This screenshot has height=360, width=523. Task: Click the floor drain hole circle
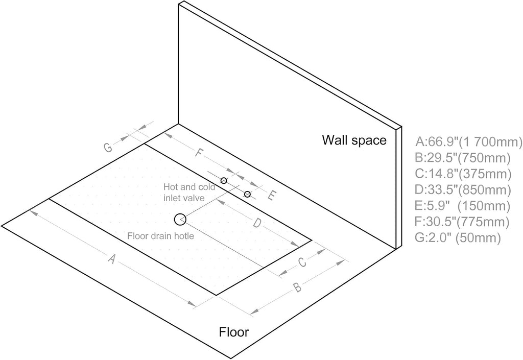175,220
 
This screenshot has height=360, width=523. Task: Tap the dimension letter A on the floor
112,259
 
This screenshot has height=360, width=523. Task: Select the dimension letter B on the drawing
298,287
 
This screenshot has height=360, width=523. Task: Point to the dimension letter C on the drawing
302,262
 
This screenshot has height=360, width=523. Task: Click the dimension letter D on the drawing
256,223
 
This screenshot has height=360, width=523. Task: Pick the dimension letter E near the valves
272,196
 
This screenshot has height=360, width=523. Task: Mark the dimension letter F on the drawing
199,153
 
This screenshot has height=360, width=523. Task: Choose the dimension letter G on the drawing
108,147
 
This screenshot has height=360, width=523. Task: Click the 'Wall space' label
354,140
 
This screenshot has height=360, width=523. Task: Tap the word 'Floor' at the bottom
234,332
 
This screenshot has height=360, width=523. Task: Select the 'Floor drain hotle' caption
160,236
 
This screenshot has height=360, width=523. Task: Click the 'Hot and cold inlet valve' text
189,193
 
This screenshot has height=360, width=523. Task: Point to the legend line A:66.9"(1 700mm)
469,142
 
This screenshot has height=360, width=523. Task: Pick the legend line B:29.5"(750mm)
463,158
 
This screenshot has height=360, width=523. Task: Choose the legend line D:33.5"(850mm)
463,190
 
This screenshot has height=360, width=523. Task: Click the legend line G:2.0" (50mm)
458,238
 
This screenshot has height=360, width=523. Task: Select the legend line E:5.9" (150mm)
463,206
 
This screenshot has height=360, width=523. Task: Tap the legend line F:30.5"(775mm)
462,222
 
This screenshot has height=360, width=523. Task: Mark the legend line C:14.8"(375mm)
463,174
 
